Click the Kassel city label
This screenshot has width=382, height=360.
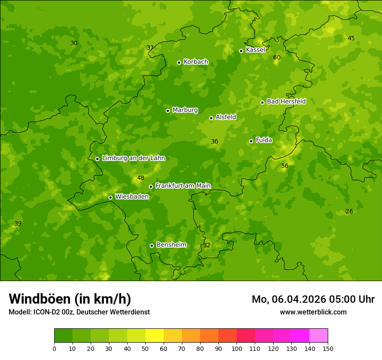tap(255, 50)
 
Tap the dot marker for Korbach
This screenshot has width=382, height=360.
tap(179, 62)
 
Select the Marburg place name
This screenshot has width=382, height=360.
tap(185, 110)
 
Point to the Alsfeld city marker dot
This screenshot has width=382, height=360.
tap(211, 118)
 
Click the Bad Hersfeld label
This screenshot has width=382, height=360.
tap(286, 101)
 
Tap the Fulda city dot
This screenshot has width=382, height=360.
tap(251, 141)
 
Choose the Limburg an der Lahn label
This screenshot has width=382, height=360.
tap(133, 158)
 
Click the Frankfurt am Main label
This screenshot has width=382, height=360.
tap(183, 186)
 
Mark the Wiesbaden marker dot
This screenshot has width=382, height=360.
tap(110, 197)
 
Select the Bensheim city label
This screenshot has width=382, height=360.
tap(171, 245)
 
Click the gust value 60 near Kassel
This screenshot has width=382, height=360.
tap(277, 57)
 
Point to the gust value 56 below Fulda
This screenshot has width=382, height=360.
tap(285, 166)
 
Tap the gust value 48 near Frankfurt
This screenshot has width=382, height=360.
tap(141, 178)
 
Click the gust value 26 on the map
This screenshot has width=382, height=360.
tap(349, 211)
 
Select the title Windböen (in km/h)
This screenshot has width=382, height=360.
tap(70, 299)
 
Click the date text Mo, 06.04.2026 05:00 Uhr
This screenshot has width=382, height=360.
tap(313, 299)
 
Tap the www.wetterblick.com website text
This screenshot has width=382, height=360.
tap(313, 312)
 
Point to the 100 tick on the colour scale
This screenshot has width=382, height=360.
tap(237, 348)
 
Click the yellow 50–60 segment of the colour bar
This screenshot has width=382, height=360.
tap(155, 335)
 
